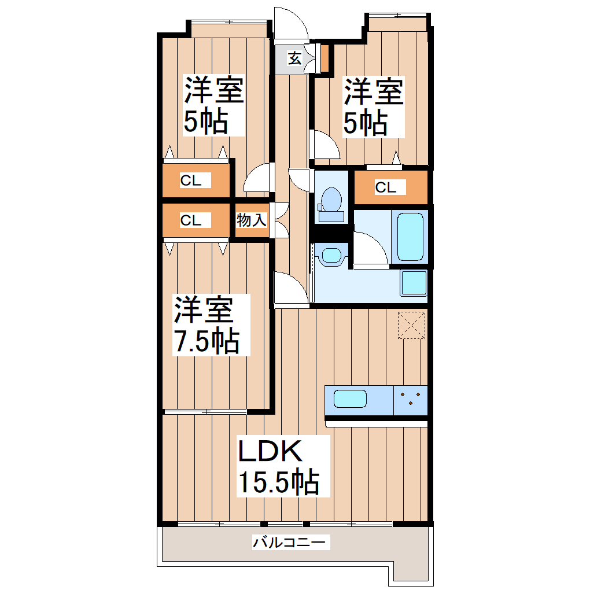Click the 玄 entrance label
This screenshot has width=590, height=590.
tap(294, 58)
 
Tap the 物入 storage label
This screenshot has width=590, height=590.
tap(252, 220)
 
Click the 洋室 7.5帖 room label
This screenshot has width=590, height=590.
tap(207, 325)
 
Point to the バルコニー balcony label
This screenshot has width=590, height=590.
tap(291, 543)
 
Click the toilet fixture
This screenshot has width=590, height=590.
tap(331, 203)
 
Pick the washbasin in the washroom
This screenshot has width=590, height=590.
tap(332, 255)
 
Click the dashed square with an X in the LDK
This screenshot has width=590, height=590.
tap(412, 325)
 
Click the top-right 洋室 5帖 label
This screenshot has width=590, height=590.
tap(373, 107)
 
